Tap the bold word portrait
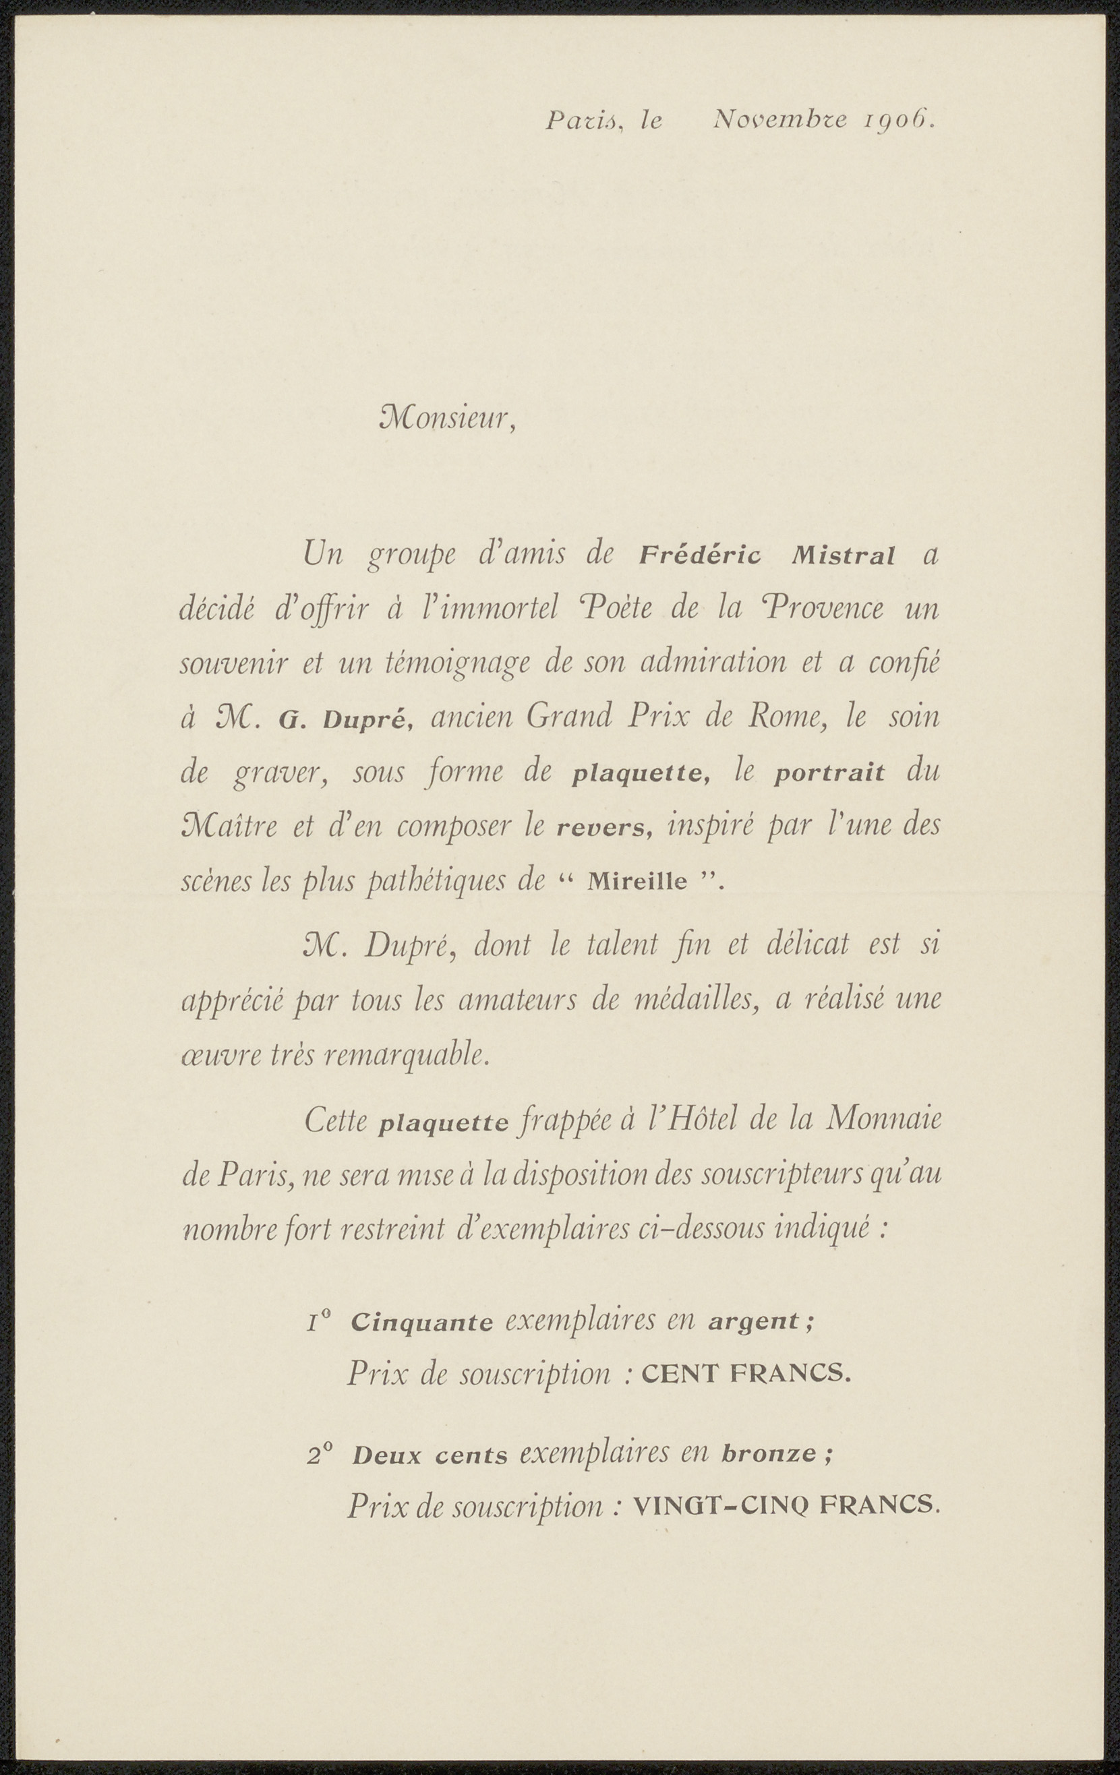(x=829, y=775)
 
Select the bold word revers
(x=605, y=829)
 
